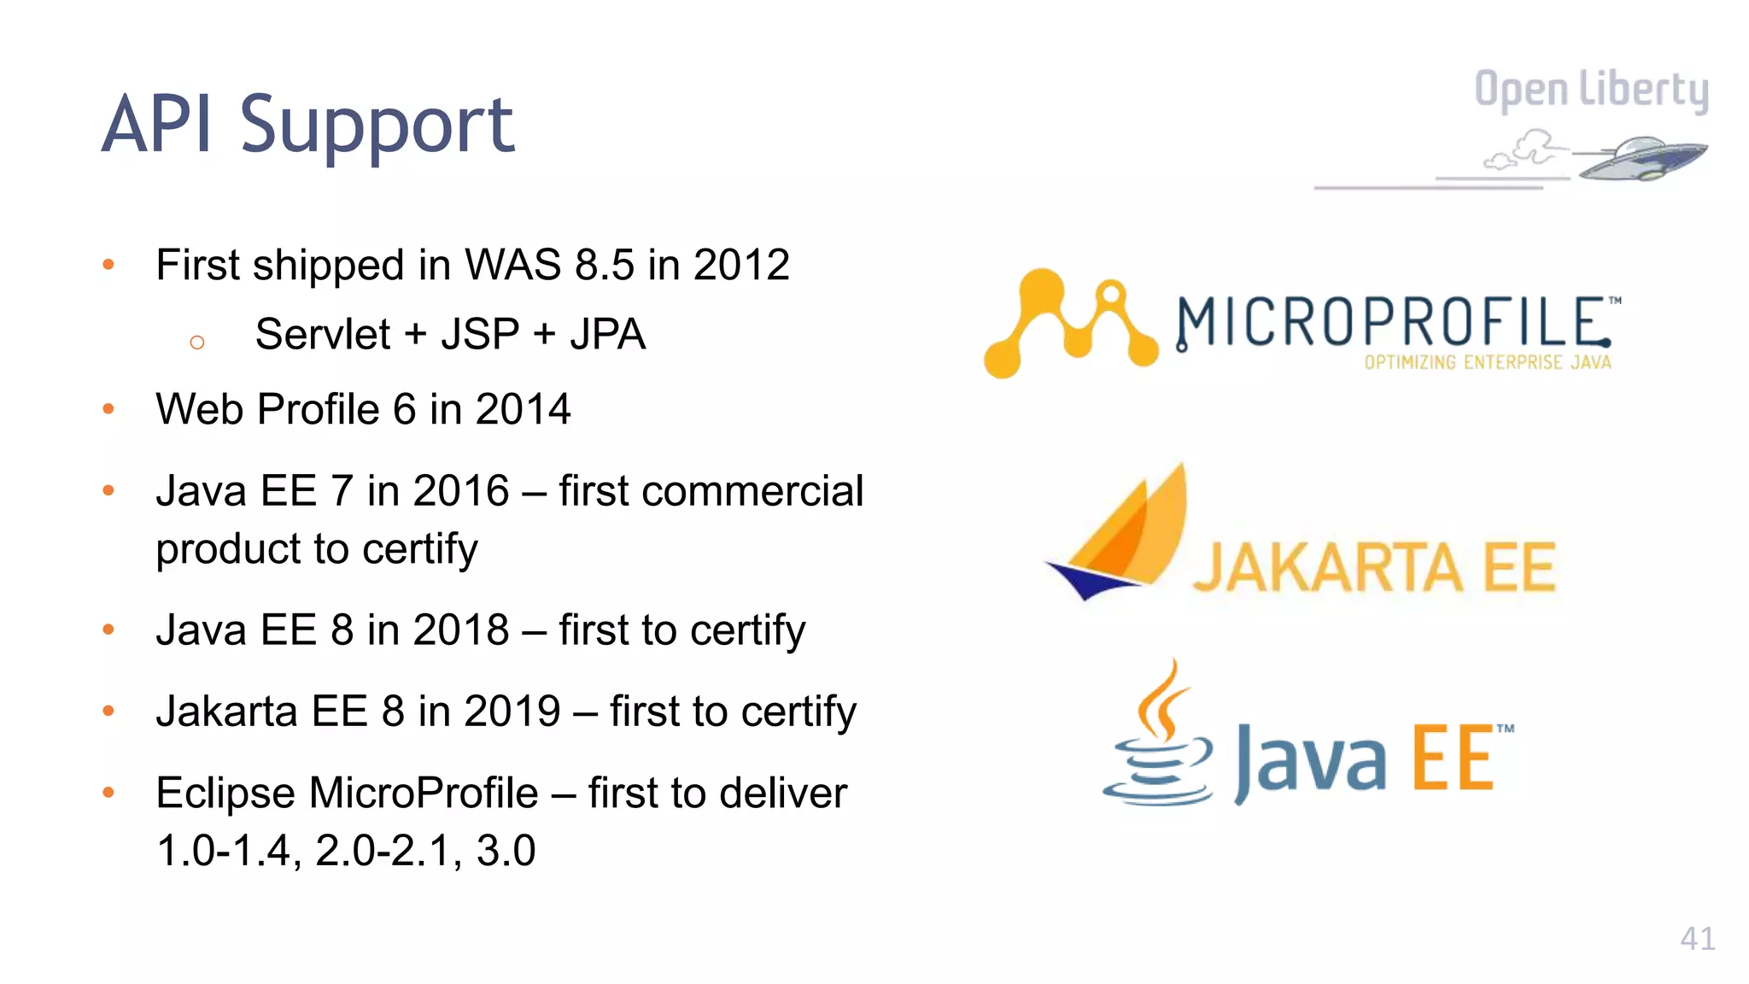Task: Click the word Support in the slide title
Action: pyautogui.click(x=377, y=126)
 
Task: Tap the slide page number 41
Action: pyautogui.click(x=1697, y=939)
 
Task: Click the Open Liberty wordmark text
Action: pyautogui.click(x=1591, y=90)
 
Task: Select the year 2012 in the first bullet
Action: pyautogui.click(x=741, y=265)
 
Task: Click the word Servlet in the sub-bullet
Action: pyautogui.click(x=322, y=334)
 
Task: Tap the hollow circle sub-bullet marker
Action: pyautogui.click(x=197, y=343)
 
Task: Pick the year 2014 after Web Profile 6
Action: pyautogui.click(x=523, y=409)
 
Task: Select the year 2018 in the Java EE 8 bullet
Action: pyautogui.click(x=461, y=630)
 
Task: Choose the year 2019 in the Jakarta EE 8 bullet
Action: pyautogui.click(x=512, y=712)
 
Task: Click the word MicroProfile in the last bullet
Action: pyautogui.click(x=424, y=793)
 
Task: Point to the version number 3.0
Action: pyautogui.click(x=506, y=851)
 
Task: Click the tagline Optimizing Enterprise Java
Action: pyautogui.click(x=1487, y=363)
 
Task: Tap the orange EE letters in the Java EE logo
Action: pyautogui.click(x=1452, y=758)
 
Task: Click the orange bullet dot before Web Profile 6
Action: pyautogui.click(x=108, y=409)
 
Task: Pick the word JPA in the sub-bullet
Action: pyautogui.click(x=607, y=334)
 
